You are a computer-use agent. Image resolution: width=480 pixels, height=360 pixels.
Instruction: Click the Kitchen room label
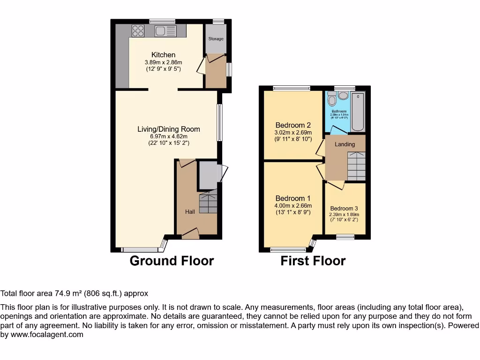click(x=163, y=55)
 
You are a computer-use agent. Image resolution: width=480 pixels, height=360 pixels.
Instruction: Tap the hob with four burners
click(x=138, y=31)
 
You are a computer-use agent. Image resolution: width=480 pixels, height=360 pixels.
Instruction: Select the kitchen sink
click(x=165, y=31)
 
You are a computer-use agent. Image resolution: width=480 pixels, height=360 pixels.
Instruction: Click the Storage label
click(x=216, y=39)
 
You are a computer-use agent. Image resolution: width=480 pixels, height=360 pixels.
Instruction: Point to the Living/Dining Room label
click(x=169, y=129)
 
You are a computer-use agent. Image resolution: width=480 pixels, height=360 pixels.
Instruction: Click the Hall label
click(x=190, y=212)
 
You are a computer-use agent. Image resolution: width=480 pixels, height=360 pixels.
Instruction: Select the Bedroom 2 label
click(x=293, y=125)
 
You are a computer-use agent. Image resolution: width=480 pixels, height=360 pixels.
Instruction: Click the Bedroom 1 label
click(x=293, y=198)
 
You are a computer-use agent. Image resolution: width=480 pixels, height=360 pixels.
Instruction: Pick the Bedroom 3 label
click(x=344, y=209)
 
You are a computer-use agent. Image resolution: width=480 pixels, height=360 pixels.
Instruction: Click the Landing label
click(x=345, y=144)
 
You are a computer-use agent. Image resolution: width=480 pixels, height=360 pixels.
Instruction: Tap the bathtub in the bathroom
click(x=359, y=112)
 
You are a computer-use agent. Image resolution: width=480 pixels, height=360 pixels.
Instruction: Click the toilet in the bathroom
click(x=332, y=99)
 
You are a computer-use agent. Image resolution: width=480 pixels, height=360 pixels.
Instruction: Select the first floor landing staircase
click(x=356, y=166)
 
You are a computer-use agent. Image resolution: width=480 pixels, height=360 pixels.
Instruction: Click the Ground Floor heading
click(x=172, y=261)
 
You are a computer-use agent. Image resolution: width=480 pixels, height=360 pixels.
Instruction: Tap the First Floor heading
click(x=313, y=261)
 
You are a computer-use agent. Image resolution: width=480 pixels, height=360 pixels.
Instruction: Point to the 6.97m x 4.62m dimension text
click(x=169, y=136)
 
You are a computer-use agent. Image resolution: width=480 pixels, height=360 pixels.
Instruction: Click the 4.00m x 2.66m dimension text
click(x=293, y=206)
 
